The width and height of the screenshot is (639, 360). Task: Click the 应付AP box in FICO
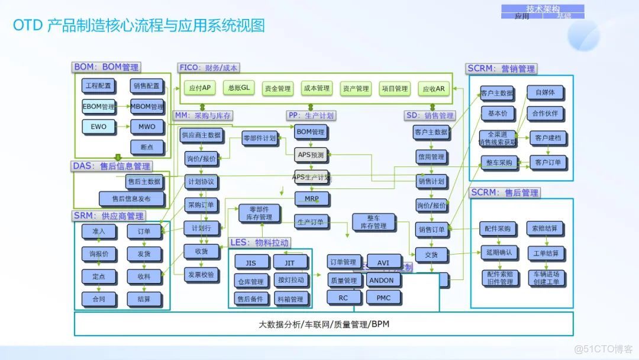(199, 88)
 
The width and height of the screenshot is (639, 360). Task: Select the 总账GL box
(238, 88)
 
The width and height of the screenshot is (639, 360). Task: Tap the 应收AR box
(433, 89)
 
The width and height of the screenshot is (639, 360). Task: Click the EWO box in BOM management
(98, 127)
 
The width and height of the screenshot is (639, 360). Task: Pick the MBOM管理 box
(147, 107)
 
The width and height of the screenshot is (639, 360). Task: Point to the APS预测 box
(311, 155)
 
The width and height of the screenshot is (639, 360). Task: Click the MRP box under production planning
(311, 198)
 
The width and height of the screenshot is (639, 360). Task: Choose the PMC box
(383, 298)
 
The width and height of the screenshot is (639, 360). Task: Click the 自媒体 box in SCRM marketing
(545, 92)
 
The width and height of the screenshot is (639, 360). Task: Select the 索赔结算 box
(545, 229)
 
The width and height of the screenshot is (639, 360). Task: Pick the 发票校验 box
(202, 275)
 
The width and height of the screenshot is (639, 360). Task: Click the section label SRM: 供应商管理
(108, 216)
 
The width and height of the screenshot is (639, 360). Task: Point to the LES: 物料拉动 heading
(260, 242)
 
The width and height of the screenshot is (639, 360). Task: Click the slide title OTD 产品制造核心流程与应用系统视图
(138, 25)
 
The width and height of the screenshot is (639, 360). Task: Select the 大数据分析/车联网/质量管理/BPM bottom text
(324, 324)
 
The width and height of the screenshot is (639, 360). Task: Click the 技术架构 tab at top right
(542, 8)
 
